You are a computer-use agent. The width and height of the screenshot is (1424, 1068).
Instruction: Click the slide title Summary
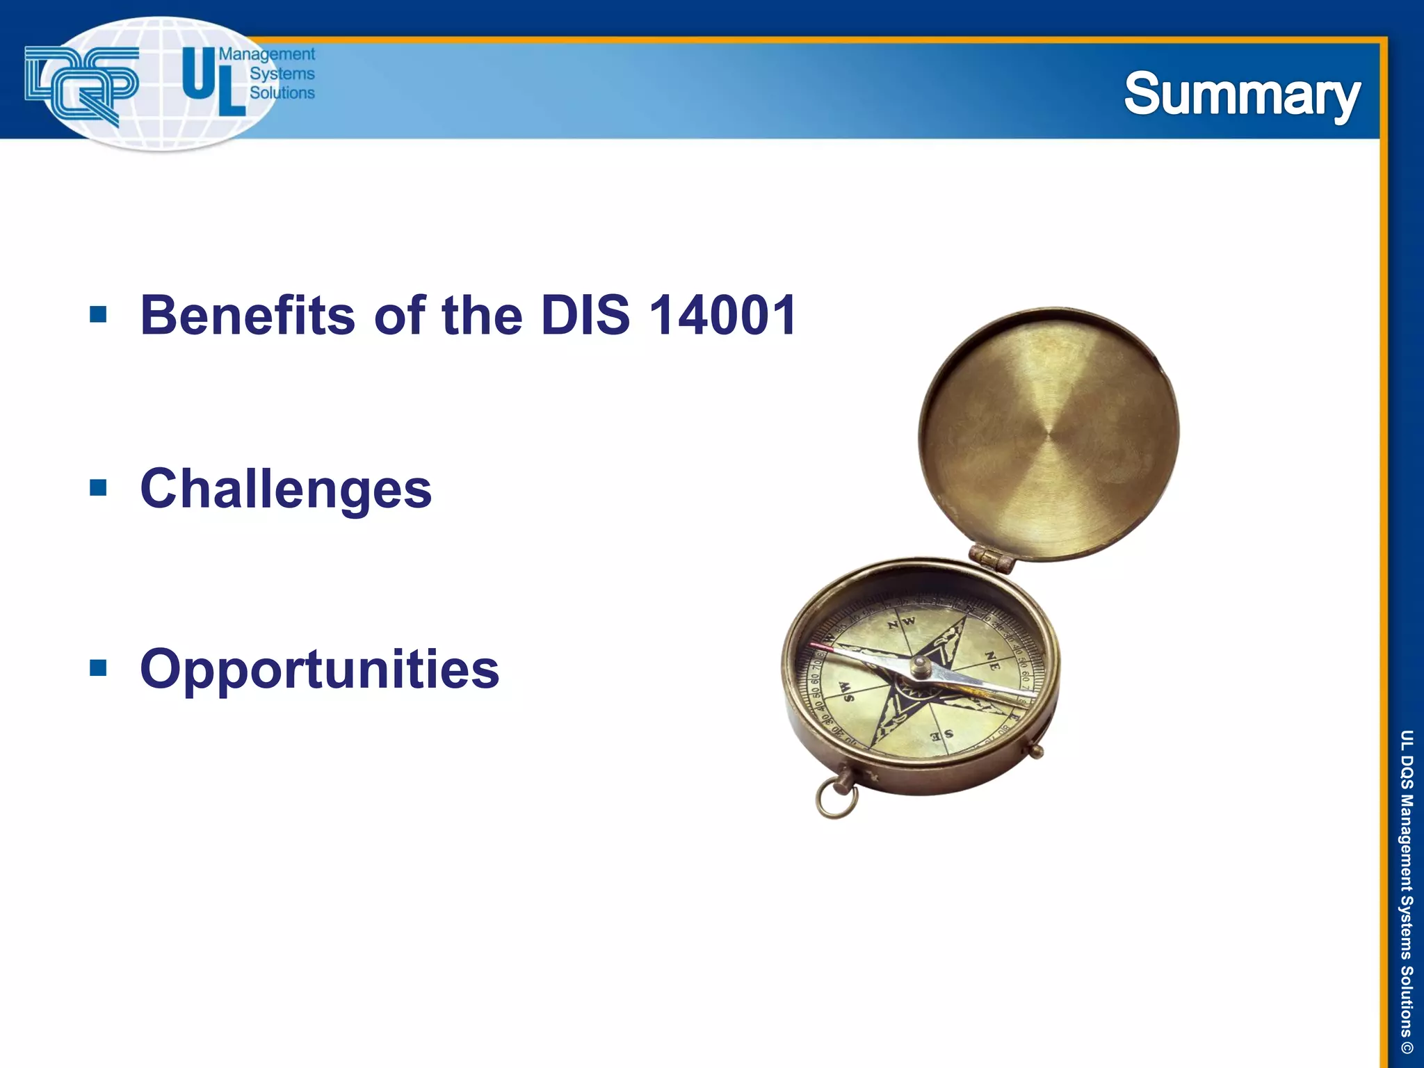(x=1242, y=95)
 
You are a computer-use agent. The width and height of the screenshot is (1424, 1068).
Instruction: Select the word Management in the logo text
(x=267, y=54)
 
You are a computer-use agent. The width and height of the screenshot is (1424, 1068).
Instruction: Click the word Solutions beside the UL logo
(x=282, y=93)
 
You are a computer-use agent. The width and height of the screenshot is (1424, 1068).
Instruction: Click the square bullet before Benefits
(x=98, y=315)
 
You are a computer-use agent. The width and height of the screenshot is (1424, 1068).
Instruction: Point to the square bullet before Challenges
(x=98, y=488)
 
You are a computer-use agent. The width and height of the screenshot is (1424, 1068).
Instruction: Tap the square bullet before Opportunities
(x=98, y=668)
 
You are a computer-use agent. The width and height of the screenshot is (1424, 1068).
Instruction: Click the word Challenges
(x=286, y=489)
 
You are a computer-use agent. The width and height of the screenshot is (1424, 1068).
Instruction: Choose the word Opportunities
(x=319, y=670)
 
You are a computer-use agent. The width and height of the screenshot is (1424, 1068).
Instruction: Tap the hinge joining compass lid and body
(x=992, y=558)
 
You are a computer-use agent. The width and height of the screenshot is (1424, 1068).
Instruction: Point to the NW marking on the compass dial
(x=902, y=622)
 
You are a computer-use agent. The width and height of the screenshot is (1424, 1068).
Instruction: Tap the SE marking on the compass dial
(x=942, y=735)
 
